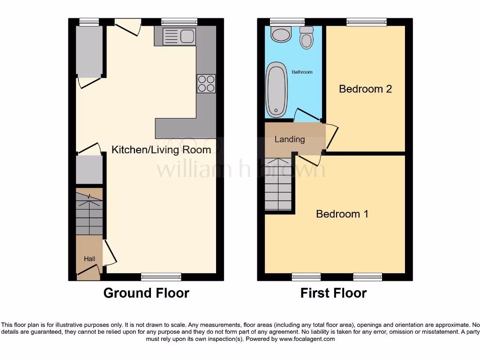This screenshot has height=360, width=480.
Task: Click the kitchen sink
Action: [x=179, y=37]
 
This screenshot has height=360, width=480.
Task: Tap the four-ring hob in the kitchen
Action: [x=206, y=83]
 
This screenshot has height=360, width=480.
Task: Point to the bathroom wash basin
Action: [x=281, y=34]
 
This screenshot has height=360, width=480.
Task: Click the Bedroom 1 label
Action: [x=342, y=214]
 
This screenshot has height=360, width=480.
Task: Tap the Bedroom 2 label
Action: [x=365, y=89]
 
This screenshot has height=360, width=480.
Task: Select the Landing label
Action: [x=289, y=139]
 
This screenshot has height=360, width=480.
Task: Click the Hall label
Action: [x=89, y=259]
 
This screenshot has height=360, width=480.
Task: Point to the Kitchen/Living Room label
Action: [x=161, y=150]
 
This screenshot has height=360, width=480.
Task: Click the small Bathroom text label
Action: [x=302, y=72]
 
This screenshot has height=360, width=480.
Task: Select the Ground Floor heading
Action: [x=146, y=293]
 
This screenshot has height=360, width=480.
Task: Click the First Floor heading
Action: [x=333, y=293]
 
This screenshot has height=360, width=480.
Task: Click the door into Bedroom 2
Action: [x=332, y=136]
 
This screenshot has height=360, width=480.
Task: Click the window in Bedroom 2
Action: [x=367, y=22]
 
